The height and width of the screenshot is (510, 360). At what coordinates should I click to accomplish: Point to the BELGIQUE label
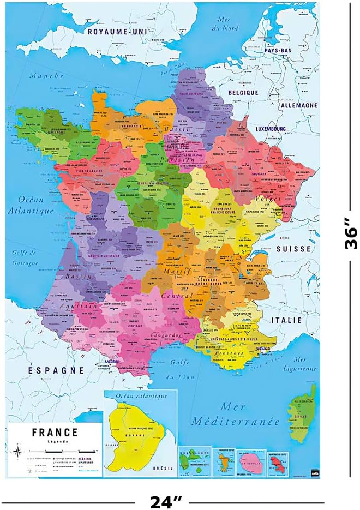coord(243,93)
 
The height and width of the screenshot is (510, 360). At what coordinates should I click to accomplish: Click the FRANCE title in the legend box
coord(55,433)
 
